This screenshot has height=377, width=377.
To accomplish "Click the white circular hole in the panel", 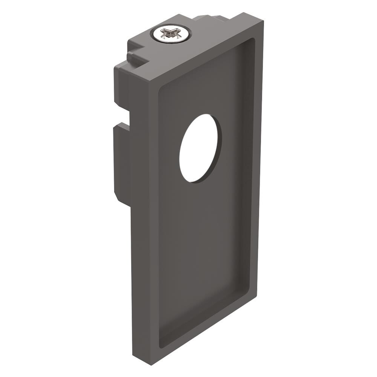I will (200, 148).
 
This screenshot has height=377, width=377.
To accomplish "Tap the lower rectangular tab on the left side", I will (121, 162).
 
